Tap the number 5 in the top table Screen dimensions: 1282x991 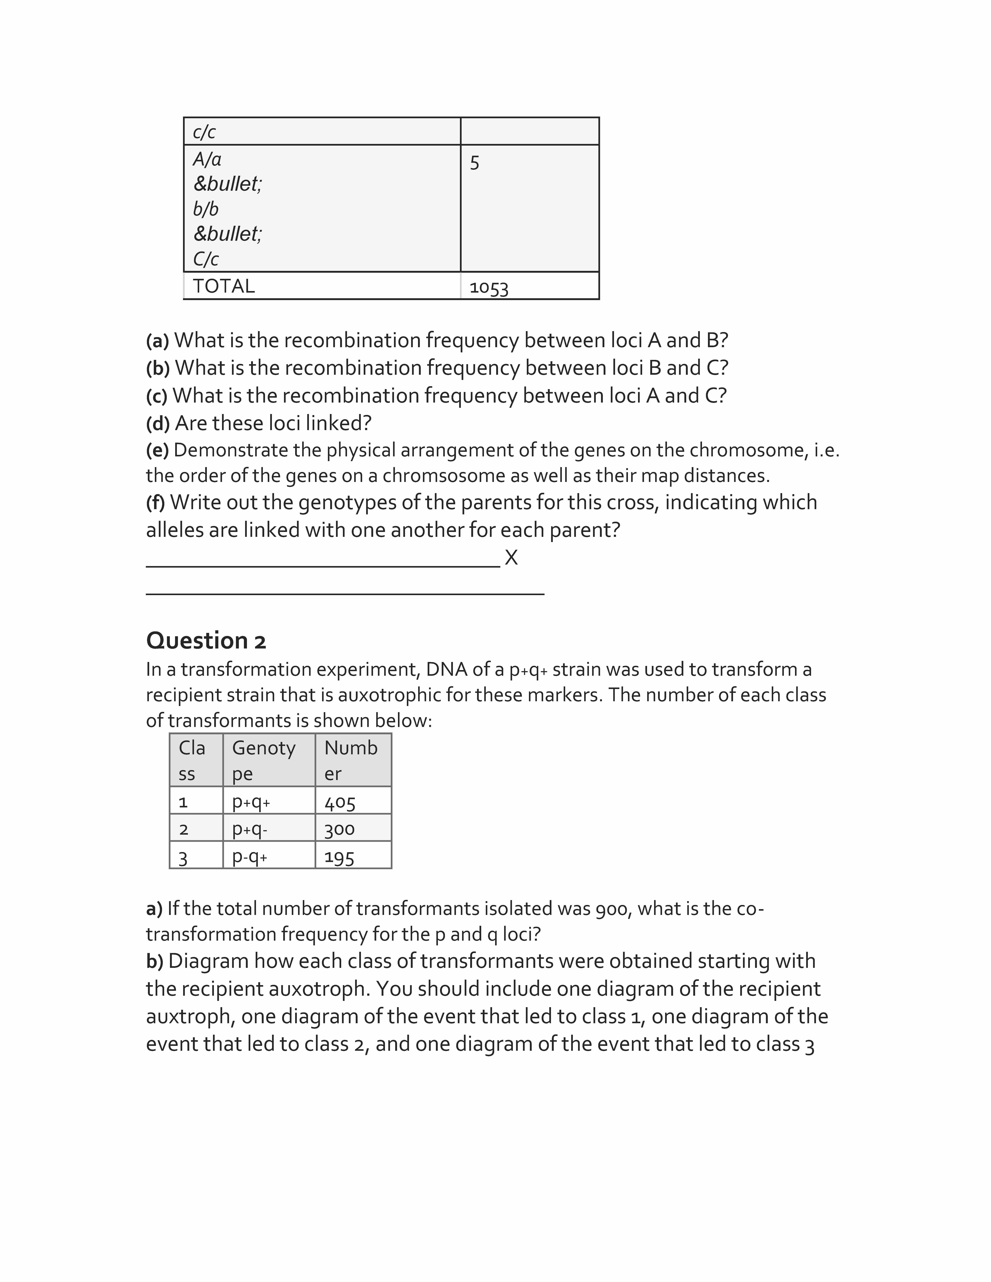coord(474,163)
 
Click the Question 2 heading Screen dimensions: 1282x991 coord(206,640)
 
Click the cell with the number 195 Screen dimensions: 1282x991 coord(339,857)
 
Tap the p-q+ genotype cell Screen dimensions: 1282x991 coord(250,857)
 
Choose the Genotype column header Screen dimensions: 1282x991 coord(264,760)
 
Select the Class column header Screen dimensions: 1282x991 coord(192,760)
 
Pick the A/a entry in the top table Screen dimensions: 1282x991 coord(207,159)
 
